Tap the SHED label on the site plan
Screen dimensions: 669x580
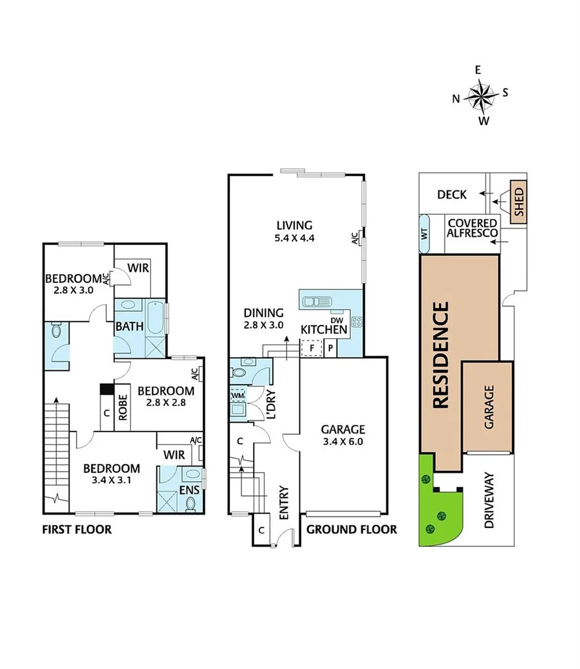(x=519, y=202)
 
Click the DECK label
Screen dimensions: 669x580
(x=451, y=194)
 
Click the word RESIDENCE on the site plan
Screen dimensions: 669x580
(x=441, y=356)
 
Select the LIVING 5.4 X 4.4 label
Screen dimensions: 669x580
(x=294, y=231)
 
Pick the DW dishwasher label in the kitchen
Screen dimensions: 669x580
(x=336, y=320)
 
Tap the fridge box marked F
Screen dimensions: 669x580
(x=312, y=348)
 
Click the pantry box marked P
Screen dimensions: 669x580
(x=330, y=348)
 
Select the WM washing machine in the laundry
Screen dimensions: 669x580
(x=238, y=394)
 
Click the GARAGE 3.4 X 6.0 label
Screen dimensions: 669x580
(x=343, y=435)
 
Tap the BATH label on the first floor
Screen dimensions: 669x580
(x=129, y=327)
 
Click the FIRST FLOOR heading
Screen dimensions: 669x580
(x=77, y=530)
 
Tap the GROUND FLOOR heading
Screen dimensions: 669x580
(x=351, y=530)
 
